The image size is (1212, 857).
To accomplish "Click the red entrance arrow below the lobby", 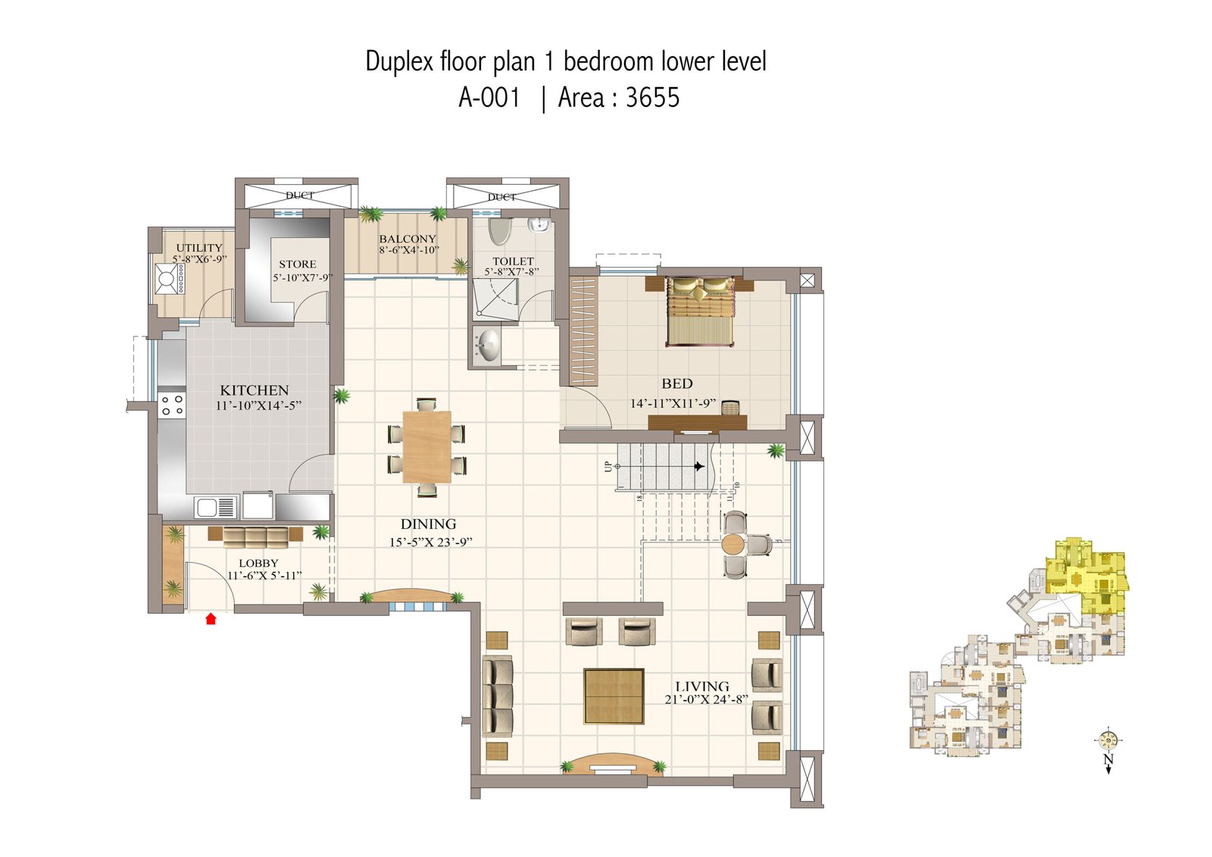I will (x=211, y=619).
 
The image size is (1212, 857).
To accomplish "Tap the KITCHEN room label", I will (x=255, y=390).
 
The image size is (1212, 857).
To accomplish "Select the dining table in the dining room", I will (x=426, y=447).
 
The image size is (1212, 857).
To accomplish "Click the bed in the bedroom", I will (x=700, y=311).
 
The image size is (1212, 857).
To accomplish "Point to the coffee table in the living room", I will (x=614, y=696).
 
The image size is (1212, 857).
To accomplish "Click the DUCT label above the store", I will (x=300, y=195).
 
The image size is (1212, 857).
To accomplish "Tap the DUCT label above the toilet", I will (x=501, y=197).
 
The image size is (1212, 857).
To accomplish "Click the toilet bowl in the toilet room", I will (x=499, y=230).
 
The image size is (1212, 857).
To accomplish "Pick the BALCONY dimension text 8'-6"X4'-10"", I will (x=409, y=250).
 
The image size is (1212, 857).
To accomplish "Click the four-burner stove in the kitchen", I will (x=172, y=405).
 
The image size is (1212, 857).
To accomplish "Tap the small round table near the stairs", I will (x=733, y=544).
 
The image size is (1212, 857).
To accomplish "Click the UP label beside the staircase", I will (x=608, y=466).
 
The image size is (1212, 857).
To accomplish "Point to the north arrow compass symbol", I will (x=1107, y=740).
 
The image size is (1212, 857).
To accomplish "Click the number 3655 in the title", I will (x=652, y=98).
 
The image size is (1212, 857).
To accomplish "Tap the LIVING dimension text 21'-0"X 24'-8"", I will (x=706, y=699).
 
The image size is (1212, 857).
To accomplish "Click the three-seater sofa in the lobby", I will (x=255, y=537).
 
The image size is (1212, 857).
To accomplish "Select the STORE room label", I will (x=298, y=264).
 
